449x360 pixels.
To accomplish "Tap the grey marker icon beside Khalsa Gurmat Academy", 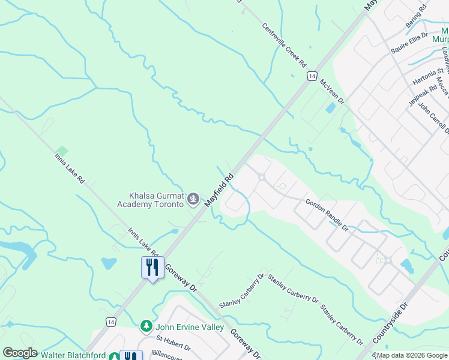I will [193, 199].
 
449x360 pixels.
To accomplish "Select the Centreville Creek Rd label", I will [285, 46].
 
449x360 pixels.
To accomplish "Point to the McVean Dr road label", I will [332, 92].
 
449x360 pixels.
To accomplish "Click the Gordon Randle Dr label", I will [327, 215].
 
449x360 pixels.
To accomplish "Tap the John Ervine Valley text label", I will [189, 327].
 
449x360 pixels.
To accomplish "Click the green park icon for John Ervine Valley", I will [146, 326].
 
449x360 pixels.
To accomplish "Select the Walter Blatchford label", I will [73, 355].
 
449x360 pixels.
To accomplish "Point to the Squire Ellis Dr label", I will [409, 43].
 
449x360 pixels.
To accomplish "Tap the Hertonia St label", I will [427, 77].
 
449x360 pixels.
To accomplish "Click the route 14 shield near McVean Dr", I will [311, 76].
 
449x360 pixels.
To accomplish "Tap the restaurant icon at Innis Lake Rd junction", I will [152, 266].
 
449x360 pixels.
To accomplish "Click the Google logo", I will [20, 353].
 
